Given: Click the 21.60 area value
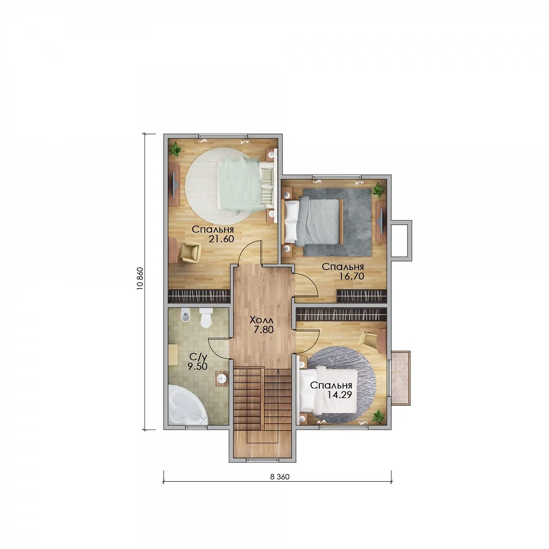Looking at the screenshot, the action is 221,239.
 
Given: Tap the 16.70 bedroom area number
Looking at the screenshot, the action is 351,276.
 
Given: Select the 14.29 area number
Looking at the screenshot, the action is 339,395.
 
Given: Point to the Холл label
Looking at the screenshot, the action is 261,320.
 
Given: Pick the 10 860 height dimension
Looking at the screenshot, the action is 140,279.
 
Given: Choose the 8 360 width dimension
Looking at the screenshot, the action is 280,477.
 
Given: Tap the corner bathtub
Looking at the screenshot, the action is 186,406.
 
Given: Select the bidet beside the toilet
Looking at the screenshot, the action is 185,315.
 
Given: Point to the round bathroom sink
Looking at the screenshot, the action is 221,379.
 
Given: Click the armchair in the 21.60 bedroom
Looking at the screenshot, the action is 190,252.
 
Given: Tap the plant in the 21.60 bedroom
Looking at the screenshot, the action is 175,149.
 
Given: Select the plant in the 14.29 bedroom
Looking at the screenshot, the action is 378,416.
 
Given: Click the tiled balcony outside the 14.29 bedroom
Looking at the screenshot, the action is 401,377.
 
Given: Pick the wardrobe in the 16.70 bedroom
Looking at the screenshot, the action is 361,296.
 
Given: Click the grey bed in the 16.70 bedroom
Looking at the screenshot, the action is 312,222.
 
